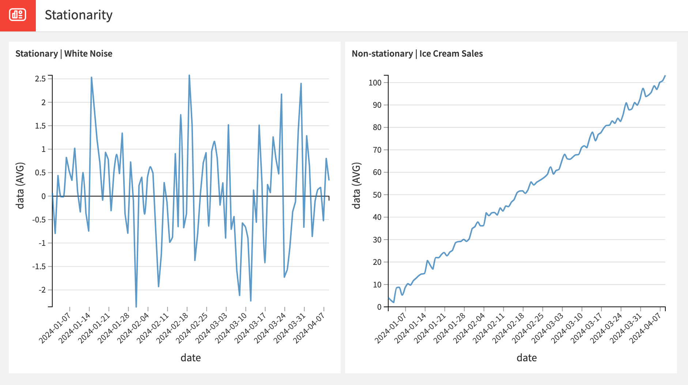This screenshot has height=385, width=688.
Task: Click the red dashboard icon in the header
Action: pos(18,15)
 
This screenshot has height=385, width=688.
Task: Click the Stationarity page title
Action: pos(78,15)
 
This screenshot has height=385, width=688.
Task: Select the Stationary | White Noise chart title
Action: pos(64,54)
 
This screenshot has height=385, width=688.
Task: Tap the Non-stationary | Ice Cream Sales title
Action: pos(417,54)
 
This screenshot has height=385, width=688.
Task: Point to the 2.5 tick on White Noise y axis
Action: pos(40,79)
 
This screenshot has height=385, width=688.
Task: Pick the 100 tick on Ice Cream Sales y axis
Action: pos(375,83)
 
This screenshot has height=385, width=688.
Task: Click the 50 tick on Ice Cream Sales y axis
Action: pos(377,195)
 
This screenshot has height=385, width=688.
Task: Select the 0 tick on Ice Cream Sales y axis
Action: pos(379,307)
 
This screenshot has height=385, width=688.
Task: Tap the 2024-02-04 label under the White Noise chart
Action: pos(134,328)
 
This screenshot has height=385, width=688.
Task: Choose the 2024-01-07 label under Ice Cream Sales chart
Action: pos(391,328)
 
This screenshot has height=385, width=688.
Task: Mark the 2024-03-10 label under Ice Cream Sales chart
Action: pos(567,328)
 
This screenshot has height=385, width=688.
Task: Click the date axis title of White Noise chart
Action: pos(190,358)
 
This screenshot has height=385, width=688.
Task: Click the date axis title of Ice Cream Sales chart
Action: pos(526,358)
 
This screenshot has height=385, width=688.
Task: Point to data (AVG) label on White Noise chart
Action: pos(20,186)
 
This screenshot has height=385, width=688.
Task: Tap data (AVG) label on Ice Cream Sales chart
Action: pos(356,186)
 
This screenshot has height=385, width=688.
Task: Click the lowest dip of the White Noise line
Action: pos(136,306)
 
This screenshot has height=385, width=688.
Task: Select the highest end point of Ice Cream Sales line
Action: pos(665,76)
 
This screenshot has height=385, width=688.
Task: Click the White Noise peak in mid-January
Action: pos(91,77)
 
